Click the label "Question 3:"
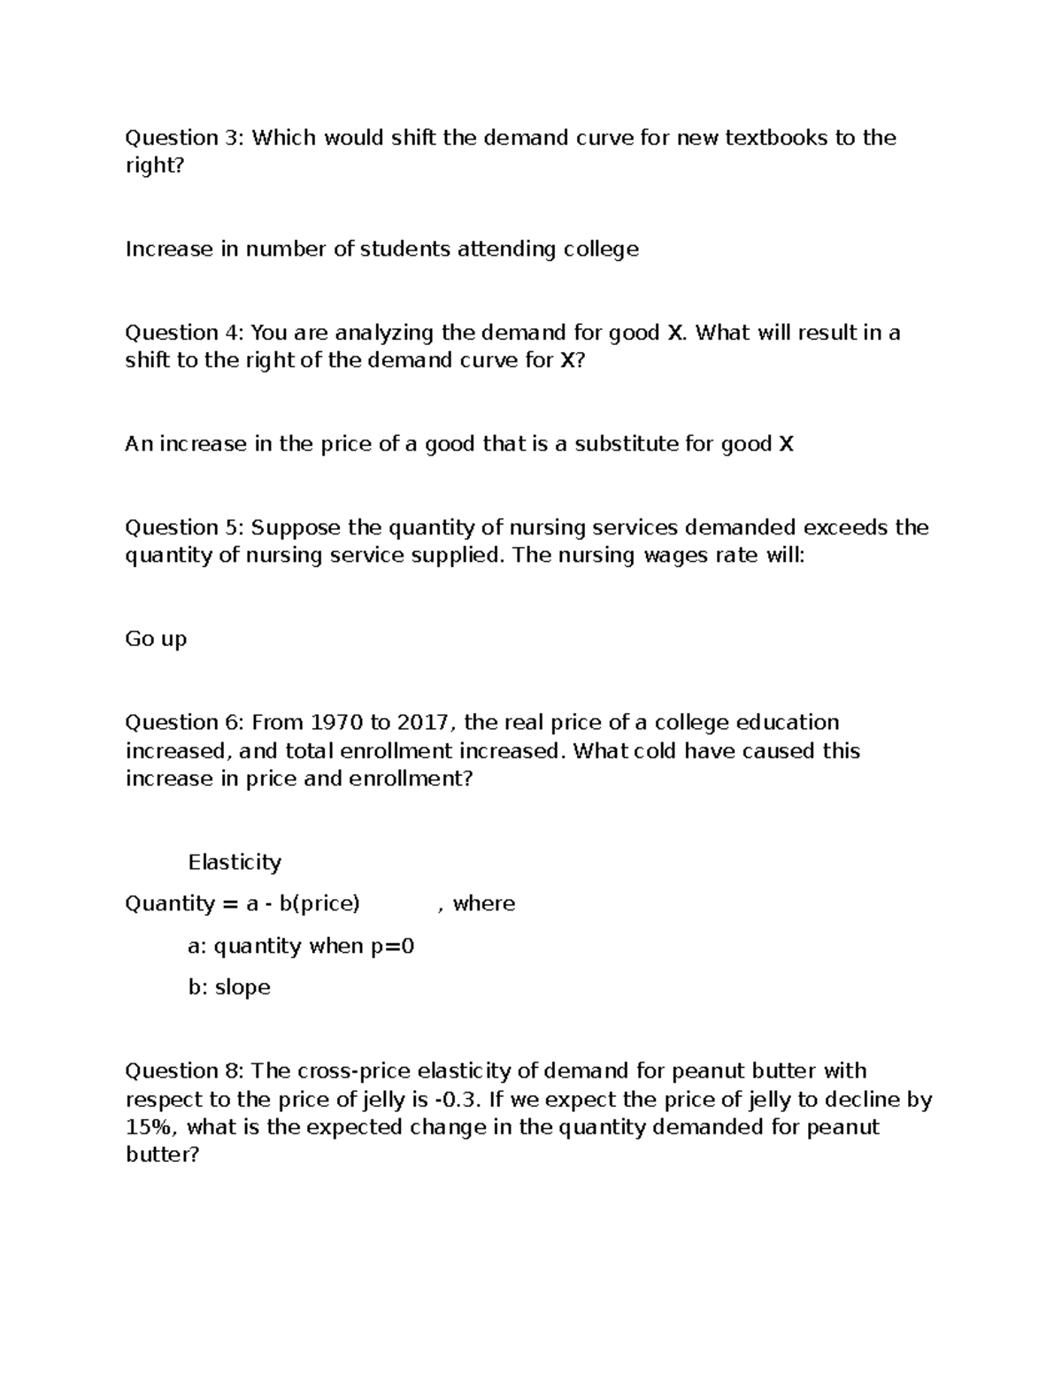[184, 138]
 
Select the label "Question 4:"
[184, 334]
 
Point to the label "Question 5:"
[184, 528]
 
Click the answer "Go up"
[156, 640]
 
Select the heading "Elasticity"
[235, 863]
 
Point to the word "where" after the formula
[484, 904]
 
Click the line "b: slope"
[229, 987]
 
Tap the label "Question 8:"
[184, 1071]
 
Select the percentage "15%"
[149, 1128]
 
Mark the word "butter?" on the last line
[163, 1155]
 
